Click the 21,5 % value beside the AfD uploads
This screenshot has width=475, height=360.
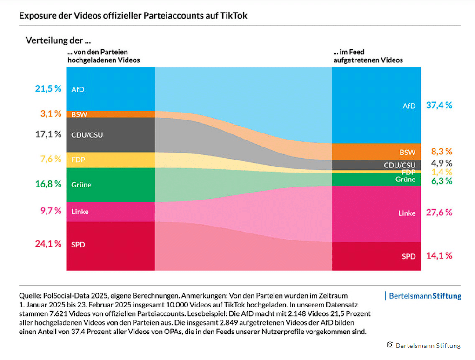coord(48,88)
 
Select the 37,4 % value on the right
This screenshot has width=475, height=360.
coord(439,105)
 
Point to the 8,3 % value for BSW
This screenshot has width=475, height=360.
coord(442,151)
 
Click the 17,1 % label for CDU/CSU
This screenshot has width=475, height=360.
coord(48,134)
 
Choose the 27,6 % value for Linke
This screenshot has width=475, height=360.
coord(439,212)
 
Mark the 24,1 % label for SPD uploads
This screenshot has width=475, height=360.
coord(48,244)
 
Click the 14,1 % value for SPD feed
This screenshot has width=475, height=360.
coord(439,255)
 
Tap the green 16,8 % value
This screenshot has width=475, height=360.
coord(48,184)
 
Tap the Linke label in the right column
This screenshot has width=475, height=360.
coord(407,213)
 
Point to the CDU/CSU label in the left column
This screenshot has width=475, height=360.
coord(87,135)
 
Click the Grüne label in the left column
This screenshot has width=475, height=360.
coord(81,185)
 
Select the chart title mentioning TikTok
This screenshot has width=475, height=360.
coord(133,15)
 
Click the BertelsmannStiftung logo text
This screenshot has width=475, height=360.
coord(424,296)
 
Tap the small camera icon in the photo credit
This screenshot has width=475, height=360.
coord(390,345)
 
